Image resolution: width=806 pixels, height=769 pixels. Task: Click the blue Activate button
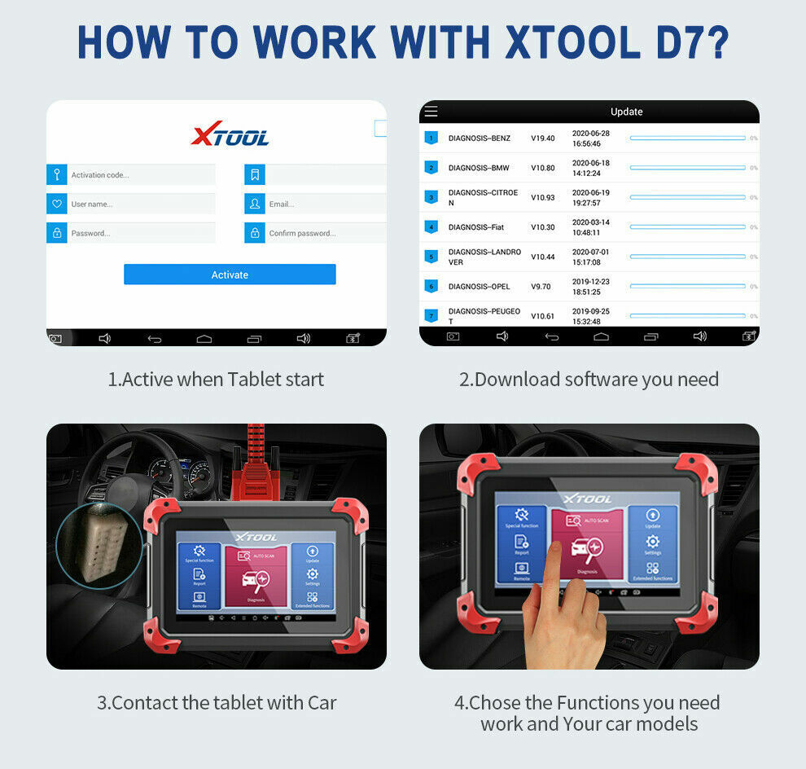(x=230, y=275)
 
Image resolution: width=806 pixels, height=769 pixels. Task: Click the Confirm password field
(x=318, y=233)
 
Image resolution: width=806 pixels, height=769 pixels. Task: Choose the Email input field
(x=318, y=204)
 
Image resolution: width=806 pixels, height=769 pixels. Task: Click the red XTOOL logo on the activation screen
(x=230, y=135)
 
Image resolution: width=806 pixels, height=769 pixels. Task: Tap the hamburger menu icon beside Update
(x=431, y=112)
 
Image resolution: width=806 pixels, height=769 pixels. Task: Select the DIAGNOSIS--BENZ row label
(x=479, y=138)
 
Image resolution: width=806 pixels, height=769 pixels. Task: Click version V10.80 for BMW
(x=542, y=168)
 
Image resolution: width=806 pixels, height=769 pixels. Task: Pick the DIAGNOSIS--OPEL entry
(x=479, y=287)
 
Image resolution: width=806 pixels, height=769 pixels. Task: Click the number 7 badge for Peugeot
(x=431, y=315)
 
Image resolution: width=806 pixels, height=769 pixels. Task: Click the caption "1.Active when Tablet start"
(x=216, y=379)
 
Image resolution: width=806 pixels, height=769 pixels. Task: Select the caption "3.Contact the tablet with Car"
(x=217, y=702)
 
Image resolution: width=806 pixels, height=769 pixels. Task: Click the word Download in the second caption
(x=517, y=379)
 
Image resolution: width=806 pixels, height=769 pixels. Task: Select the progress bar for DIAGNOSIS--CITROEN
(x=687, y=197)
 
